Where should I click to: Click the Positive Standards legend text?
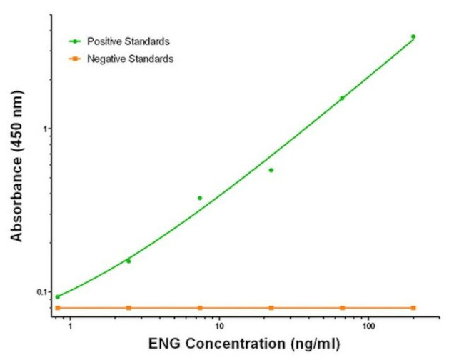(128, 42)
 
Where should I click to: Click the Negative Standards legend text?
(129, 59)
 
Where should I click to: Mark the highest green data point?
(413, 36)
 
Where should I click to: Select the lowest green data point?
(58, 296)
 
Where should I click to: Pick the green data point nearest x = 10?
(200, 198)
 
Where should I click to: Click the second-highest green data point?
(342, 98)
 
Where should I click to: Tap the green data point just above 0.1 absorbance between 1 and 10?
(128, 261)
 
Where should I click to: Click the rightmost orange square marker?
(413, 308)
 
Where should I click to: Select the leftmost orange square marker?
(58, 308)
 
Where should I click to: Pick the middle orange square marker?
(271, 308)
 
